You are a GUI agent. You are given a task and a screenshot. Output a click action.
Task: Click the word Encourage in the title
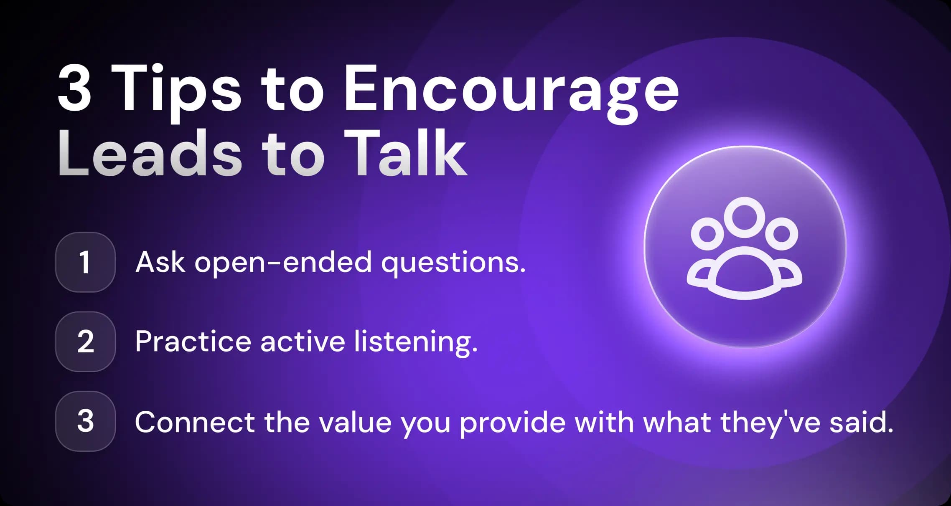[x=511, y=90]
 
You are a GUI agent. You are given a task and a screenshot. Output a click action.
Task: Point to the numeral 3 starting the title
[x=74, y=89]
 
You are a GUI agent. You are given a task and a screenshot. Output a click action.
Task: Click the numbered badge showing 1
[x=85, y=262]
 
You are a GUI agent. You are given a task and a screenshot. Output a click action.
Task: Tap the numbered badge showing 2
[x=85, y=342]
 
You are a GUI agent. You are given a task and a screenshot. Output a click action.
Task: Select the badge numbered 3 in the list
[x=85, y=421]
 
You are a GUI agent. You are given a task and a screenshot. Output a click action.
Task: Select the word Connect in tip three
[x=195, y=422]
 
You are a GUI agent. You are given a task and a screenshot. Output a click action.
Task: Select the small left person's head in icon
[x=707, y=233]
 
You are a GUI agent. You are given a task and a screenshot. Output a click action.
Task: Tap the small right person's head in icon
[x=782, y=233]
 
